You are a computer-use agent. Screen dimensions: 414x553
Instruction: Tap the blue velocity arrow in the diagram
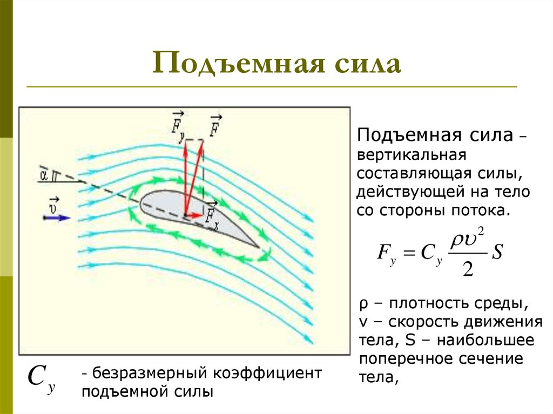coord(57,218)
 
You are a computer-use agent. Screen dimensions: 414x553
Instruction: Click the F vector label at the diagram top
coord(214,125)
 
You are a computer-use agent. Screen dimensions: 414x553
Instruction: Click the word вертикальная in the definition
coord(410,155)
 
